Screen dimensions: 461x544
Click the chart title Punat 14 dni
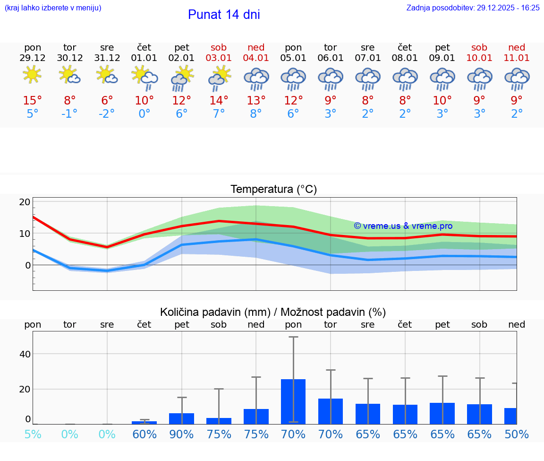(224, 15)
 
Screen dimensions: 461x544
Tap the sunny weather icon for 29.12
(32, 75)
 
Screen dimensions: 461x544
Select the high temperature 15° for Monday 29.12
(33, 101)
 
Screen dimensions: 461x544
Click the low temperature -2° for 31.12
(107, 114)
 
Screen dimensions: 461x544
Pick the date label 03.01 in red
(219, 58)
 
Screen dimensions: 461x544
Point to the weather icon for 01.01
(144, 77)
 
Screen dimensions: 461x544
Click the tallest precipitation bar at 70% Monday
(293, 401)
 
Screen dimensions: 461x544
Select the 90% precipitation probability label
(181, 435)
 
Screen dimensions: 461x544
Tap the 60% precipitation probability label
(144, 435)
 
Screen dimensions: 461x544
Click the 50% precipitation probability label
(516, 435)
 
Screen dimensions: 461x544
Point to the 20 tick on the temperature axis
(25, 202)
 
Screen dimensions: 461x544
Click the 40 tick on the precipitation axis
(25, 354)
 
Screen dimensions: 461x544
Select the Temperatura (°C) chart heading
(273, 190)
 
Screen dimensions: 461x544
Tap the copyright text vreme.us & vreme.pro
(403, 226)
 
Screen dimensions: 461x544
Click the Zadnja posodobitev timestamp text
(473, 8)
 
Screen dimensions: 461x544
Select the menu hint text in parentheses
(53, 8)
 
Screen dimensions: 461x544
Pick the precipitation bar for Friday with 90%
(181, 418)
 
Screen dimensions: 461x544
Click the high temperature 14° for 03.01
(219, 101)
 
